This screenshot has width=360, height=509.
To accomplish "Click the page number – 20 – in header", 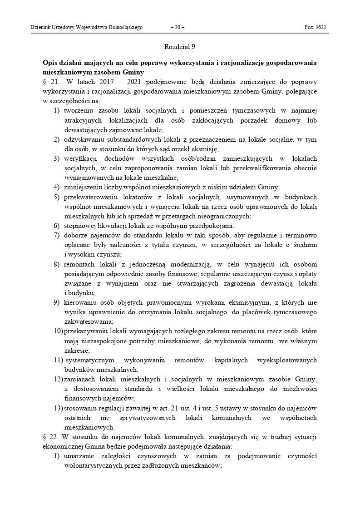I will [x=177, y=27].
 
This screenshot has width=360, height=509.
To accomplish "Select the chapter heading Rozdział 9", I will [x=180, y=46].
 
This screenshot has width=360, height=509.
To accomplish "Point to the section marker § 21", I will [x=50, y=82].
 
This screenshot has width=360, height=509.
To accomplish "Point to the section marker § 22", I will [x=50, y=437].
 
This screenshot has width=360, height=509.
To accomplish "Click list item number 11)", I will [x=59, y=360].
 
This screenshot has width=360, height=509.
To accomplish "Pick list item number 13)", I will [x=59, y=408].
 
